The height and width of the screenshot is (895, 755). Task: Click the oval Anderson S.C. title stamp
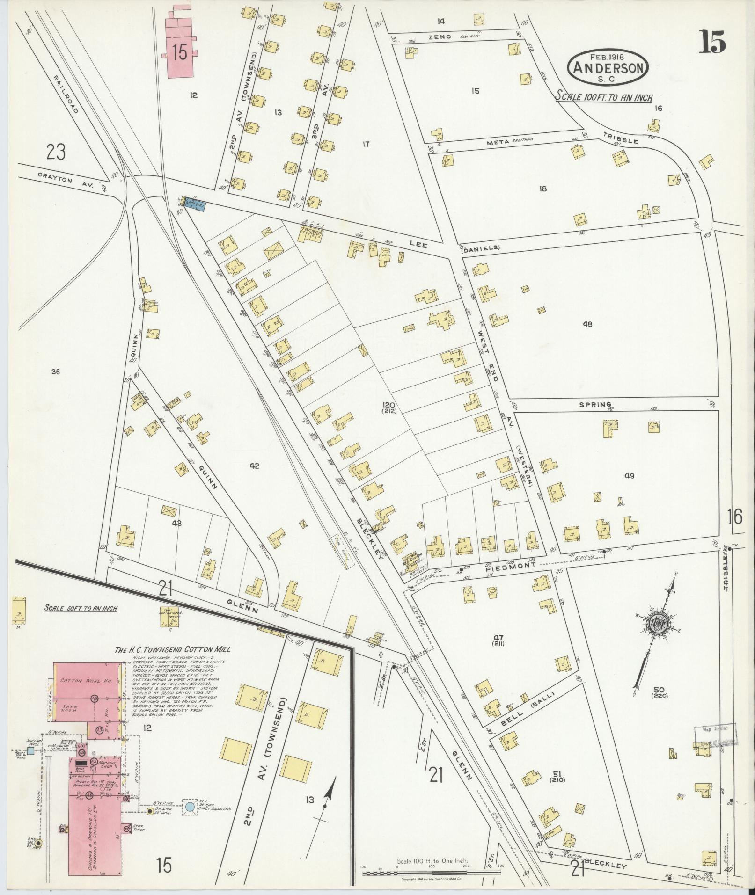click(x=608, y=67)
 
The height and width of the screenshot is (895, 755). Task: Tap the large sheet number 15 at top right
click(x=713, y=42)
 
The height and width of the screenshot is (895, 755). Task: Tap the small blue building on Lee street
click(x=194, y=204)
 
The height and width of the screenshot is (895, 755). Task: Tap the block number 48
click(x=587, y=324)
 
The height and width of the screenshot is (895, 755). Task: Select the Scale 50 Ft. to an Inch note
click(x=81, y=609)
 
